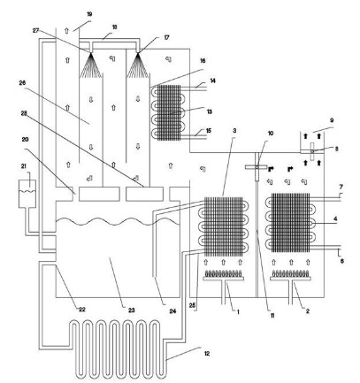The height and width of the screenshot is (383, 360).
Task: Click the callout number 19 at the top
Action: [x=89, y=14]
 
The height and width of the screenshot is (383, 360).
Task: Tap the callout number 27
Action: [x=35, y=31]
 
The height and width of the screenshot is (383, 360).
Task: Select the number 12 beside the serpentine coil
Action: [x=207, y=353]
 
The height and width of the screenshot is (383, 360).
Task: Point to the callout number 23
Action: [x=132, y=310]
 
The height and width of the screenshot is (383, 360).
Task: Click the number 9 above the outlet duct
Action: [x=332, y=120]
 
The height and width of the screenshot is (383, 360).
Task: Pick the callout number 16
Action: [x=203, y=61]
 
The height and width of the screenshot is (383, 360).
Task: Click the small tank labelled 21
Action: [x=27, y=194]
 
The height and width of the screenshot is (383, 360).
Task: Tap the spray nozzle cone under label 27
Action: [x=90, y=65]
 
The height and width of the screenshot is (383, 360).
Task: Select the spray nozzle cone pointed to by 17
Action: [x=138, y=65]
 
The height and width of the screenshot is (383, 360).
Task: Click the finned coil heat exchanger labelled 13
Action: [x=167, y=112]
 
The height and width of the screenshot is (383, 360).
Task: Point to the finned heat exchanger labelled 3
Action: [x=224, y=226]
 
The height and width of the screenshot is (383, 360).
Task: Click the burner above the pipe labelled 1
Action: [x=224, y=275]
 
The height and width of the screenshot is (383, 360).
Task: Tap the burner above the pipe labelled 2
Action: [x=291, y=275]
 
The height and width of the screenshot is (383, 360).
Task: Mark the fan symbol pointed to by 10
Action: [x=257, y=167]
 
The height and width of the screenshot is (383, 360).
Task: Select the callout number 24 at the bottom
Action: [x=172, y=311]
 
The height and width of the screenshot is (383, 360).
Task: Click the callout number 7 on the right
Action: [x=341, y=187]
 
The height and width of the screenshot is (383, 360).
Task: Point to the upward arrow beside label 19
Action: [x=66, y=30]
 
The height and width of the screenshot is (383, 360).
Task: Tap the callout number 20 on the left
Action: [x=26, y=139]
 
